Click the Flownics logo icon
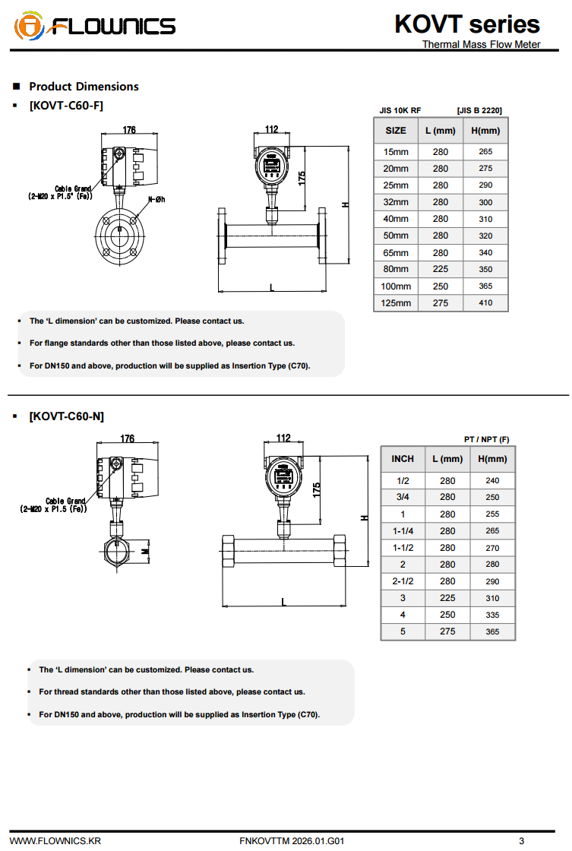29,27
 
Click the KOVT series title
467,24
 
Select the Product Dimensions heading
84,87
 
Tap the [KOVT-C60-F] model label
66,105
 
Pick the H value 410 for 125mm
485,303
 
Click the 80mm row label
395,269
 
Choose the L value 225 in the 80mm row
440,269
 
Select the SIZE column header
395,131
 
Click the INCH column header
403,459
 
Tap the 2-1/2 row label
403,581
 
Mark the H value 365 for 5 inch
492,631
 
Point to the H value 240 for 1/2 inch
492,481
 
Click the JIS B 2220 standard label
479,111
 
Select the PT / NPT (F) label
487,439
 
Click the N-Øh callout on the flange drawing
156,199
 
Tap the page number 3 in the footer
521,841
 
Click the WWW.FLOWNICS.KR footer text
55,841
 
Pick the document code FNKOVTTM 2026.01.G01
292,841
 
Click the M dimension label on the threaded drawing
145,551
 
